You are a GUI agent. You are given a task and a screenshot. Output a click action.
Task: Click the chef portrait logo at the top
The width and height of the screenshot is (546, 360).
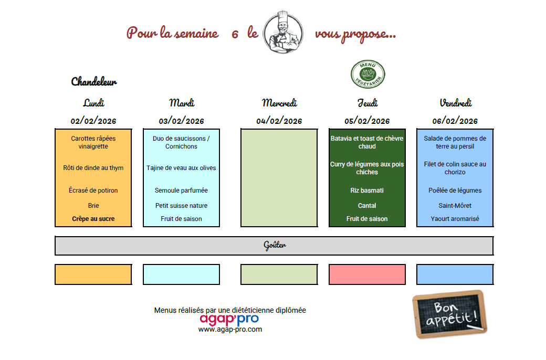[282, 33]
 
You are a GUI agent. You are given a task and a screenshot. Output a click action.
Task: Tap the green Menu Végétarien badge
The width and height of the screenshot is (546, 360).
[367, 74]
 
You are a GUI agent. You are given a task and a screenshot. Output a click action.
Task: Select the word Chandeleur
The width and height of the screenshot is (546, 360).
[94, 82]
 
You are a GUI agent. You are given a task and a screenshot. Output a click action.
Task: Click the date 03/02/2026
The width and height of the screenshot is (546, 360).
[181, 121]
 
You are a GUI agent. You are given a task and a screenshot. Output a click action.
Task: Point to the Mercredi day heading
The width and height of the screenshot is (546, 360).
[279, 103]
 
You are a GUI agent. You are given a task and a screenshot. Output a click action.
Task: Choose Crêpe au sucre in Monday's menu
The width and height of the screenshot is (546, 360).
[93, 219]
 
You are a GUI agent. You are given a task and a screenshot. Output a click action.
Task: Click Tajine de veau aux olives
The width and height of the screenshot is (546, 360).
[181, 168]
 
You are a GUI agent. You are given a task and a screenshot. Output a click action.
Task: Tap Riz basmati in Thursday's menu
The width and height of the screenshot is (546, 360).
[367, 190]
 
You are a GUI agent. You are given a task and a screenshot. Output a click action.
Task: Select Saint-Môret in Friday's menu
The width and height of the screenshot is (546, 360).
[455, 206]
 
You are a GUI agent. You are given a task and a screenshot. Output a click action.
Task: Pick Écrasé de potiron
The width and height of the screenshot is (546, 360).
[93, 190]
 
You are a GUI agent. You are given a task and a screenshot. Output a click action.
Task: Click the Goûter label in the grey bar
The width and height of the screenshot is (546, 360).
[275, 246]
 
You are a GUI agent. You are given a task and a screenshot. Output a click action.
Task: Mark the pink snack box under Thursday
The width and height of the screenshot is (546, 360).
[367, 274]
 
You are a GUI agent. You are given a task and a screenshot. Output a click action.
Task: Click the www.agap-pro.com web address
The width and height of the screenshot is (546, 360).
[230, 330]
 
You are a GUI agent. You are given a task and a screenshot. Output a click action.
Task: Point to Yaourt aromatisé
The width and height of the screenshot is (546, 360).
[455, 219]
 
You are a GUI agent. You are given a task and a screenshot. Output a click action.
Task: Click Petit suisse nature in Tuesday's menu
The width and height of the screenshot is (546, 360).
[181, 206]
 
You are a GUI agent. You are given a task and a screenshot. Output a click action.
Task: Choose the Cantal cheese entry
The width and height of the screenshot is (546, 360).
[367, 206]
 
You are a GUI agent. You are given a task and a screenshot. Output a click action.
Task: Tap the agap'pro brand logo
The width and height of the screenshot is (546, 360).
[229, 319]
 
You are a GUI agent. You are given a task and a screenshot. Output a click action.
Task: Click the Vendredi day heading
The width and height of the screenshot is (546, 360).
[456, 103]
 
